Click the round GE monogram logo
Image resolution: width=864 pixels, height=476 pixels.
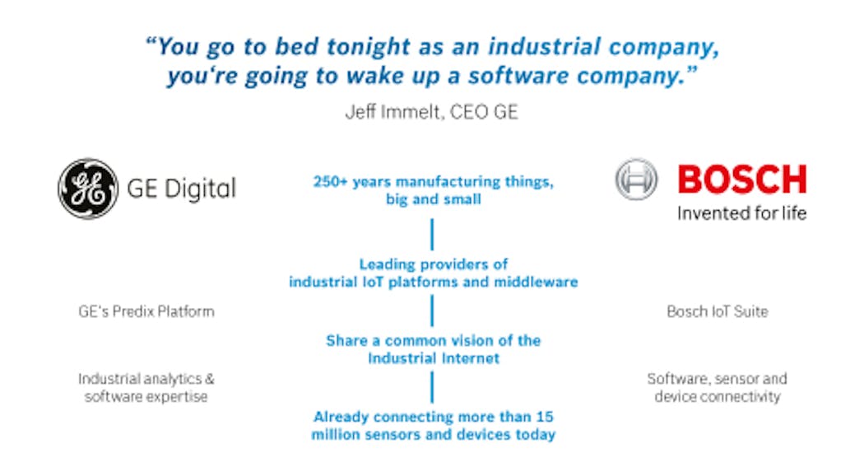tap(87, 189)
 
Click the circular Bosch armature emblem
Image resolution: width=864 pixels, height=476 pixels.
tap(636, 180)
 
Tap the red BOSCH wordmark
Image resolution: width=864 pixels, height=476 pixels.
tap(741, 180)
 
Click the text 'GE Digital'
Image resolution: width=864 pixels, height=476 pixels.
tap(181, 189)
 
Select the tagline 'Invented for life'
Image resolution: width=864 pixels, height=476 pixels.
tap(741, 213)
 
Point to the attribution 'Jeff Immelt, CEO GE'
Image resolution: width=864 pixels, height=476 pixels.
tap(431, 112)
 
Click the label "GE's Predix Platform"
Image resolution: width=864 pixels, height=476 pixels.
tap(146, 311)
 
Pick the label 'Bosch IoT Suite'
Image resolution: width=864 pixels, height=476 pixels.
tap(717, 311)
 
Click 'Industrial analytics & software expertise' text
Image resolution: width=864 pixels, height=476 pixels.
tap(146, 388)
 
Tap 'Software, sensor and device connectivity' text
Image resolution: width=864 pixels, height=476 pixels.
tap(717, 388)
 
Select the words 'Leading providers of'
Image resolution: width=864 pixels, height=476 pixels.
tap(433, 264)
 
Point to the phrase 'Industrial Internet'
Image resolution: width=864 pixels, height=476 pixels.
tap(433, 358)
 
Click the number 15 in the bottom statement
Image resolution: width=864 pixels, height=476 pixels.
tap(544, 417)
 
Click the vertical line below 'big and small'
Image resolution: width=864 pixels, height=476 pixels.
tap(433, 234)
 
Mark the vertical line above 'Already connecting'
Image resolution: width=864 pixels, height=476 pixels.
tap(433, 387)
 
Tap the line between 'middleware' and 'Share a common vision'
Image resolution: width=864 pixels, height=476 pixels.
tap(433, 310)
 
